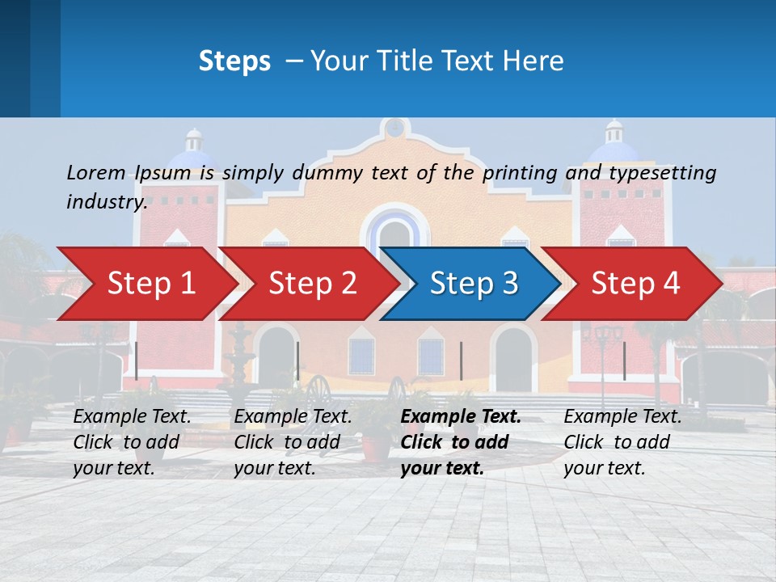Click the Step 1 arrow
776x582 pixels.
tap(150, 284)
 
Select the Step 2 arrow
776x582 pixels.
tap(311, 284)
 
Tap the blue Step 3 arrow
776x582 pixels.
tap(473, 284)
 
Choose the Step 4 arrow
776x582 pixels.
tap(635, 284)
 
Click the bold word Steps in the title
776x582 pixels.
tap(234, 61)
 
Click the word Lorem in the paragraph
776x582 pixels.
tap(96, 172)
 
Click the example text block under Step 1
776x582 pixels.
tap(133, 442)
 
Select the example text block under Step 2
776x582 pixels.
tap(293, 442)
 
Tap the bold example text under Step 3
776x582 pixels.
tap(461, 442)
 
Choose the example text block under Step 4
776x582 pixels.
tap(622, 442)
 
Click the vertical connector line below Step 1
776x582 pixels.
tap(137, 361)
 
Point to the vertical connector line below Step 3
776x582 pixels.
tap(462, 361)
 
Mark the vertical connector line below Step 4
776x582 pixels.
tap(625, 361)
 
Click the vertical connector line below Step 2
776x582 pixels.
tap(298, 361)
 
